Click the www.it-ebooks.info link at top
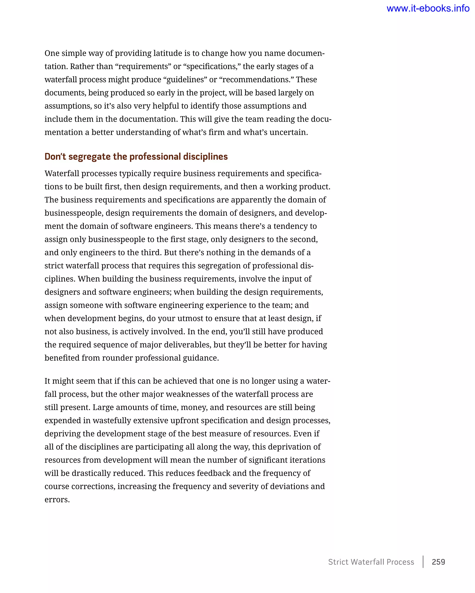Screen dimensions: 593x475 click(428, 9)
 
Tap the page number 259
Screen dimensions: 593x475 click(438, 562)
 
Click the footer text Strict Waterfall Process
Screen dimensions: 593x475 click(371, 562)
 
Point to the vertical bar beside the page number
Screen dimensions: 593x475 click(423, 562)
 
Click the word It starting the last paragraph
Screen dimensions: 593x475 click(47, 381)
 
